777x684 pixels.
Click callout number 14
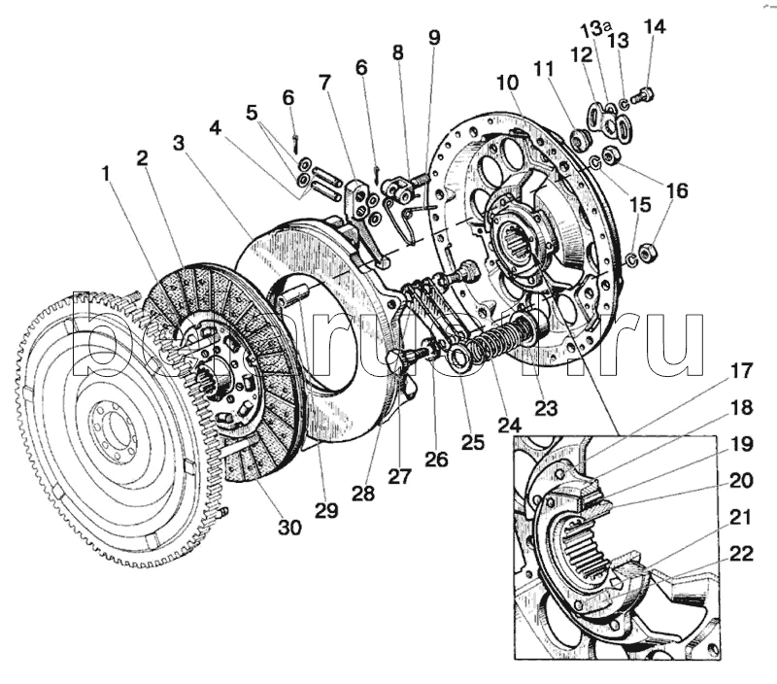655,26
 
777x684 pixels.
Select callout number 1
106,175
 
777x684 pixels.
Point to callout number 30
289,528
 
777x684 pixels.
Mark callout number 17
742,370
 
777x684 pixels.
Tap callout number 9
433,38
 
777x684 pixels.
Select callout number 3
178,143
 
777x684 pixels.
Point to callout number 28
363,493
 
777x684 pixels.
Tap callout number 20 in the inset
742,479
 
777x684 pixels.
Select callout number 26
436,459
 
